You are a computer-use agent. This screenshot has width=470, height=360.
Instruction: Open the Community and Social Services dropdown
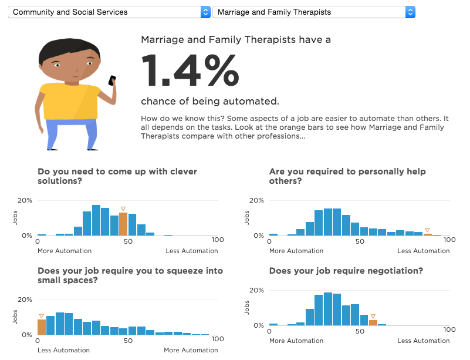click(x=109, y=12)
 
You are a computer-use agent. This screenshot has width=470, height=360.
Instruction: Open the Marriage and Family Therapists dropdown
click(x=314, y=12)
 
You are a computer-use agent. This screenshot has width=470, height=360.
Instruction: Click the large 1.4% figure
click(x=190, y=71)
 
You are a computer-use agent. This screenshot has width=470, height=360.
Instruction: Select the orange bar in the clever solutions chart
click(x=123, y=224)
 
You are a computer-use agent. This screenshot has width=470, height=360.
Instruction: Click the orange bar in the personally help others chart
click(x=427, y=234)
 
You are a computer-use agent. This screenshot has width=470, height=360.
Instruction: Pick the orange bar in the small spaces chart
click(x=42, y=327)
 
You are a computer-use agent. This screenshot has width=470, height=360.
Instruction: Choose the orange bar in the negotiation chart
click(x=373, y=322)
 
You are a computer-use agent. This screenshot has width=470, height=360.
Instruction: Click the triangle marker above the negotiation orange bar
click(x=373, y=316)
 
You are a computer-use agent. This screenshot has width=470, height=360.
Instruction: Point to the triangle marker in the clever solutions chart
click(x=123, y=208)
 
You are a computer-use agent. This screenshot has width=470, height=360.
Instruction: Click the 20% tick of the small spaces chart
click(x=25, y=300)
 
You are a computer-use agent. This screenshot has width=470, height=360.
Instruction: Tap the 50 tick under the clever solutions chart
click(x=127, y=241)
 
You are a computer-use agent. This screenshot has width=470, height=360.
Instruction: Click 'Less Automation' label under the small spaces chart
click(x=63, y=351)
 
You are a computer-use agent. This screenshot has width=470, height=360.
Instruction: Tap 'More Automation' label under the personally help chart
click(x=296, y=251)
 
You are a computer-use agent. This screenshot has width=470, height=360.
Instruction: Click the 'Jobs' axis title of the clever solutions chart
click(x=16, y=218)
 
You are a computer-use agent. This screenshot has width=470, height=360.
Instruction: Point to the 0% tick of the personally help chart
click(x=258, y=235)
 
